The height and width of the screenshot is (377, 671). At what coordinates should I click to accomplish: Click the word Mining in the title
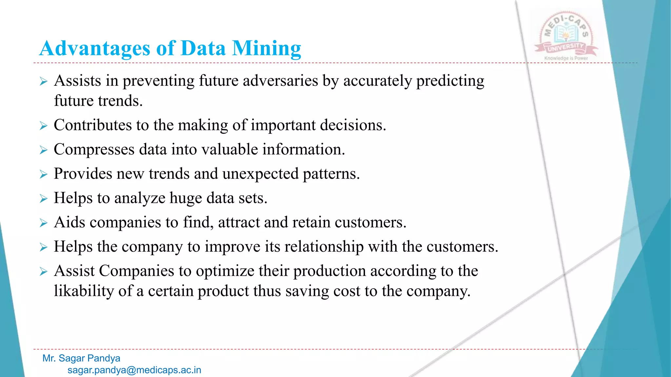[266, 48]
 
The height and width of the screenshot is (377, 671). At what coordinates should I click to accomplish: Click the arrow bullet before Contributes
[44, 126]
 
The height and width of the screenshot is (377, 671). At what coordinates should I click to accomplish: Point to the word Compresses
[94, 150]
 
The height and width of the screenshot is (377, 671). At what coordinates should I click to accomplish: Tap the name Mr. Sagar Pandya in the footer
[81, 358]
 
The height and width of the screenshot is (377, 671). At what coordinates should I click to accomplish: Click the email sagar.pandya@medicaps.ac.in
[134, 370]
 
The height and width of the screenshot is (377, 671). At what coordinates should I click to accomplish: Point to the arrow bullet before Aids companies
[44, 223]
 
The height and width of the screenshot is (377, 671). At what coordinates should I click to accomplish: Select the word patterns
[331, 174]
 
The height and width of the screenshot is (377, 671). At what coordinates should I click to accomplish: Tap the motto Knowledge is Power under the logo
[566, 58]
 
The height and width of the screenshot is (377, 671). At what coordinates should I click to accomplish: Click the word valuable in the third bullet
[229, 150]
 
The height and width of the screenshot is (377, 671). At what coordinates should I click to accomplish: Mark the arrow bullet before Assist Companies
[44, 272]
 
